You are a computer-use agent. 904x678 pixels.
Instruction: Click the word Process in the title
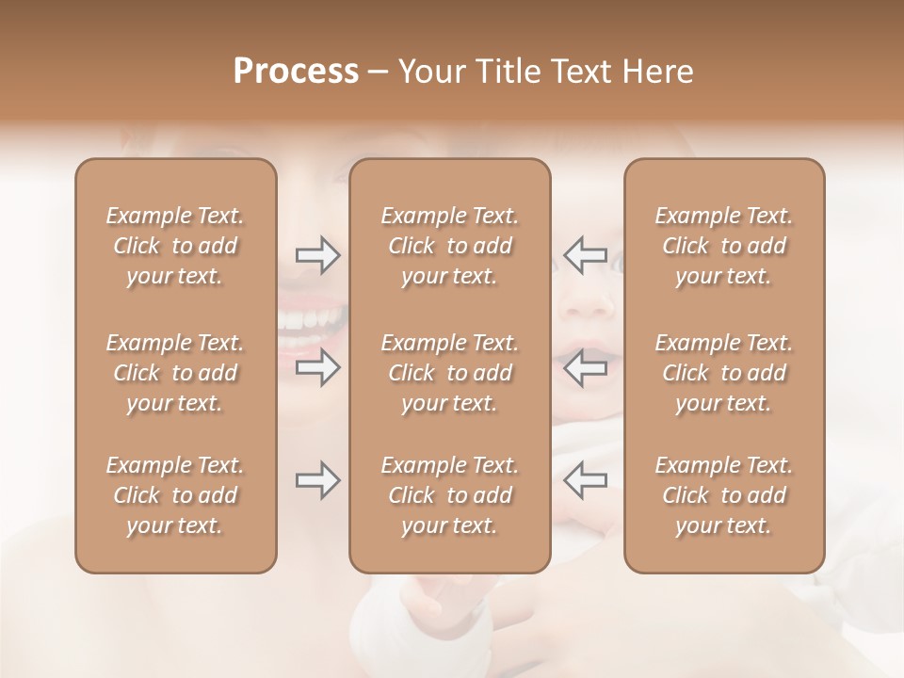click(296, 72)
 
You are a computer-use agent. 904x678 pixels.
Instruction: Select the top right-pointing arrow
click(317, 255)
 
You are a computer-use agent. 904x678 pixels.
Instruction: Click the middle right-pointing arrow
click(317, 367)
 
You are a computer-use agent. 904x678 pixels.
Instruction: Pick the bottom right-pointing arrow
click(317, 480)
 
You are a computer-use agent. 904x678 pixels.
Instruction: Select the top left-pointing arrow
click(586, 255)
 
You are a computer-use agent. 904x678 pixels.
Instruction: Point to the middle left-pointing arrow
click(586, 367)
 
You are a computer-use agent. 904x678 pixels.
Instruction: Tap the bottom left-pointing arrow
click(586, 480)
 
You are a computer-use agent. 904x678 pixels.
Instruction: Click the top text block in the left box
click(175, 246)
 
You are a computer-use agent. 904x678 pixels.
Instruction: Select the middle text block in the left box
click(175, 373)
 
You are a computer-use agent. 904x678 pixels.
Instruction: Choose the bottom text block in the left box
click(175, 495)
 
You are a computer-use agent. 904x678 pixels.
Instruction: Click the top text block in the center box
click(449, 246)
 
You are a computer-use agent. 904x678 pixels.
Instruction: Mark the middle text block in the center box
click(449, 373)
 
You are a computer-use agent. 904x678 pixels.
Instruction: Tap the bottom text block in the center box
click(449, 495)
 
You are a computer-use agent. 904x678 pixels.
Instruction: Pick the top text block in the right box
click(723, 246)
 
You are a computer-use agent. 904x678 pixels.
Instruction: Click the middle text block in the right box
click(723, 373)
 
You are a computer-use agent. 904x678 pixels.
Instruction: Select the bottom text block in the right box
click(723, 495)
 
